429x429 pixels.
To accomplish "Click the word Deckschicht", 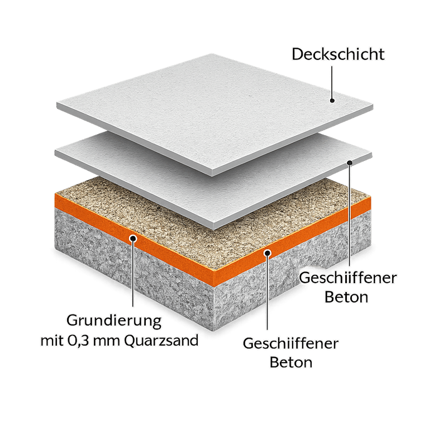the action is coord(339,55).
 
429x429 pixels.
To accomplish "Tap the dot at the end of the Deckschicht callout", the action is coord(332,101).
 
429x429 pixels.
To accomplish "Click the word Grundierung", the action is coord(114,322).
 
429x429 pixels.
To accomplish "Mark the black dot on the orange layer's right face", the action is coord(268,252).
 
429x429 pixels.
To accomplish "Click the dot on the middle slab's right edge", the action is coord(350,162).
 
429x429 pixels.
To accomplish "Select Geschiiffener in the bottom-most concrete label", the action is coord(290,343).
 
